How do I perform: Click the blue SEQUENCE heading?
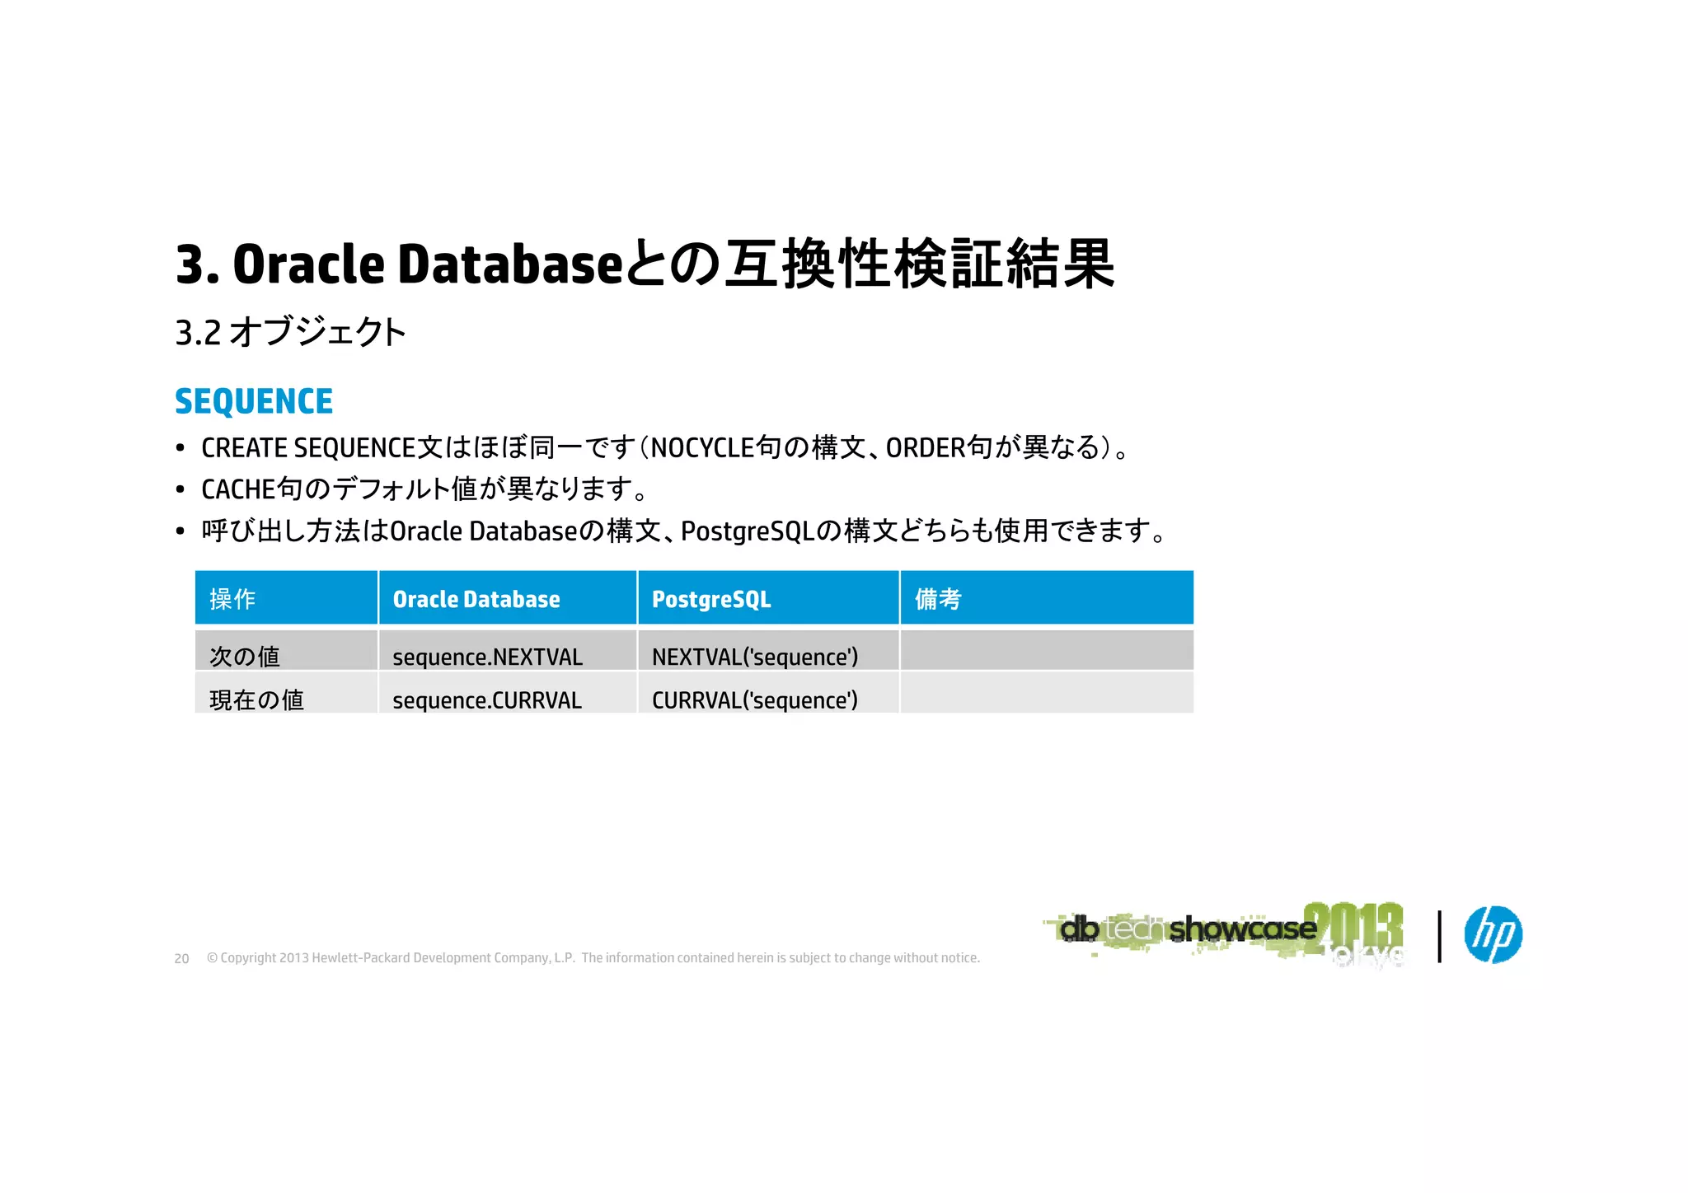pos(254,402)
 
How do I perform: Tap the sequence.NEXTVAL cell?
pos(487,657)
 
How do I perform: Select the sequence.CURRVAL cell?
pos(487,700)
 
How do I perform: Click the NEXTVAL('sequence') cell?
pos(754,657)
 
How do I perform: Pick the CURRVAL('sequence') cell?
pos(754,700)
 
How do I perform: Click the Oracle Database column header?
pos(476,599)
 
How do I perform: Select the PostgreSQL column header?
pos(711,599)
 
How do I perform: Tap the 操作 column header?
pos(232,599)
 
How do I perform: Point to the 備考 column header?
pos(938,599)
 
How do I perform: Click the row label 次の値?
pos(245,657)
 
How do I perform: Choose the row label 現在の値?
pos(256,700)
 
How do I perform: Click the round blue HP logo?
pos(1493,934)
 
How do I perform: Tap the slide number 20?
pos(182,959)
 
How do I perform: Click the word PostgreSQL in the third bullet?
pos(748,531)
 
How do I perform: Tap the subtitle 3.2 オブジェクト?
pos(290,333)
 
